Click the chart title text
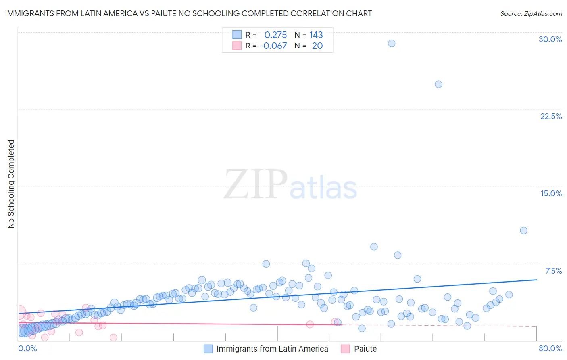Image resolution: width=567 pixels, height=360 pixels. tap(188, 13)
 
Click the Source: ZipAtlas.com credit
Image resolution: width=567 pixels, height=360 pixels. tap(531, 13)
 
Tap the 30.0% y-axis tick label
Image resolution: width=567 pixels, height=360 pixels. tap(550, 39)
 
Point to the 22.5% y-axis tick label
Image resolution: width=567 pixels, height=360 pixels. tap(551, 116)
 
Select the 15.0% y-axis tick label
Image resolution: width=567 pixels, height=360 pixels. tap(551, 193)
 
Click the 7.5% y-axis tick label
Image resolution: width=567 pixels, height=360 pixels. tap(553, 271)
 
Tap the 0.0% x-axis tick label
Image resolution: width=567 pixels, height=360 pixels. tap(27, 348)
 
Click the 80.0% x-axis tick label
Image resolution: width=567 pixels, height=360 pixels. tap(550, 348)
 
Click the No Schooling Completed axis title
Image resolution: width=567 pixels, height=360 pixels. tap(11, 184)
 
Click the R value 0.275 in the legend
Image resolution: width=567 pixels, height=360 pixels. tap(275, 35)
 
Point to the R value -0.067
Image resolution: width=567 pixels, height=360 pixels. tap(273, 46)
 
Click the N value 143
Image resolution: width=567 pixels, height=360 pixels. tap(316, 35)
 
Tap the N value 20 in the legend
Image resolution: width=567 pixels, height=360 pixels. tap(317, 46)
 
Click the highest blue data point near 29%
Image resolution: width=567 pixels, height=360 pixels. tap(391, 43)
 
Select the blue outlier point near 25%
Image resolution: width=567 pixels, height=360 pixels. tap(438, 84)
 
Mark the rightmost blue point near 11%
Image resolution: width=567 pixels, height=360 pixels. tap(523, 230)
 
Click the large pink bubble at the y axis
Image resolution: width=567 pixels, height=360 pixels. tap(18, 313)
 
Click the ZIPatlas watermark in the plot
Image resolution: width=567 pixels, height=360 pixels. tap(290, 184)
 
